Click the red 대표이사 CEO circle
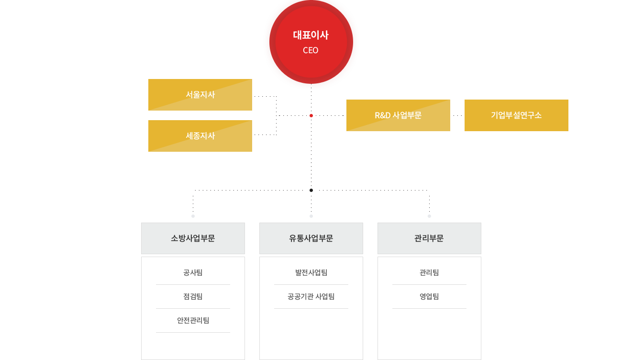click(311, 42)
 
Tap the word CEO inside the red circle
click(311, 50)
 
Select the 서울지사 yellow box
click(200, 95)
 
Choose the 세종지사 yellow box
click(200, 136)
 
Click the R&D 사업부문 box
click(398, 115)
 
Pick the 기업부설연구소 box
click(516, 115)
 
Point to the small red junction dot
click(311, 115)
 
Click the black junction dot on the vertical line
click(311, 190)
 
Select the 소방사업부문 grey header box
click(193, 238)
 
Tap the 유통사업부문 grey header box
click(311, 238)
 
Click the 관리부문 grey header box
click(429, 238)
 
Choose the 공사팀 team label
click(193, 272)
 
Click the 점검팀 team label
click(193, 296)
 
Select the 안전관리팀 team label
click(193, 320)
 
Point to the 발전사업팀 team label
click(311, 272)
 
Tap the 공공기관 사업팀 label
click(311, 296)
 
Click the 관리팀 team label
click(429, 272)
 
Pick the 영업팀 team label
click(429, 296)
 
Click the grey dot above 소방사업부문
click(193, 216)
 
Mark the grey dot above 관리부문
click(429, 216)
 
